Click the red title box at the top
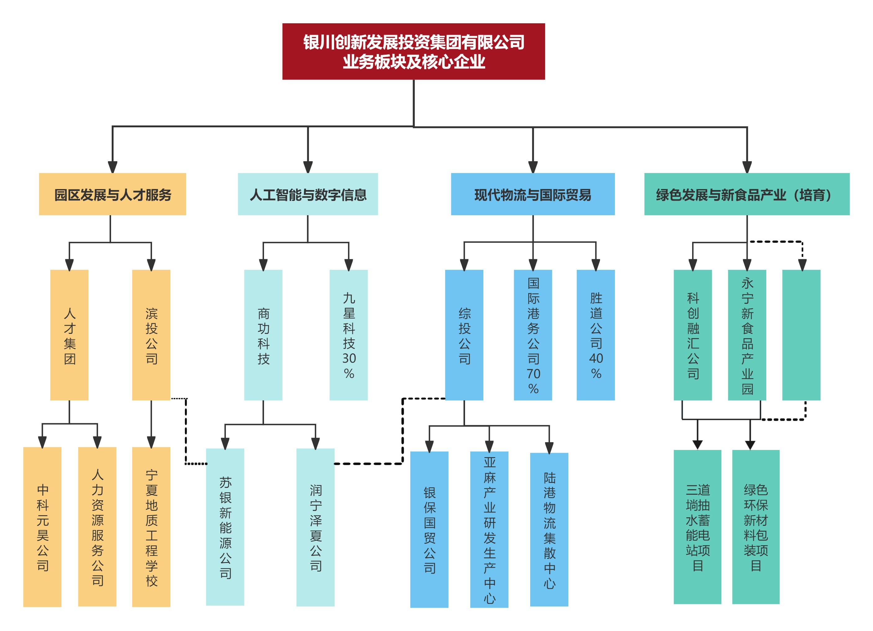[414, 51]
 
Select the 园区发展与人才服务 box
[112, 194]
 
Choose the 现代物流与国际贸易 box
[532, 194]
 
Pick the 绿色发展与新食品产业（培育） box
[746, 194]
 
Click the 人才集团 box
[69, 335]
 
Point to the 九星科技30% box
[348, 335]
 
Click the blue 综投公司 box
[464, 335]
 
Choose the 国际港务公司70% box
[533, 335]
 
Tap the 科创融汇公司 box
[692, 335]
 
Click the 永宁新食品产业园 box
[747, 335]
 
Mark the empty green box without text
[801, 335]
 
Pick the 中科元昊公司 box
[42, 527]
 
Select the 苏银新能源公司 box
[225, 527]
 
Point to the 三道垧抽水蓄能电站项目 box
[697, 527]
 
